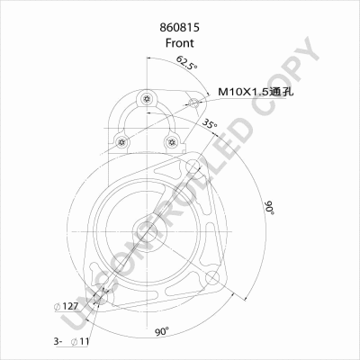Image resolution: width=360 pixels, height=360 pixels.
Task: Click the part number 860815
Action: [179, 28]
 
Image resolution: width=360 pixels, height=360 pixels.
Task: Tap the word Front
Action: [179, 43]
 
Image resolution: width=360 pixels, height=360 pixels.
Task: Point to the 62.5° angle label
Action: [186, 62]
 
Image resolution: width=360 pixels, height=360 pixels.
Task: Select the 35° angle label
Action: [209, 123]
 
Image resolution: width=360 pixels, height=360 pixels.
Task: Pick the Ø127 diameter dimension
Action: [66, 306]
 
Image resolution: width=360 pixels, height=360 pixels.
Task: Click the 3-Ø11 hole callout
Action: [71, 341]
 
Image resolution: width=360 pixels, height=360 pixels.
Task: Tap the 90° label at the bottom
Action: [162, 331]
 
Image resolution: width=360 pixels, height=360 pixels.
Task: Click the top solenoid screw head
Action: [147, 98]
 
